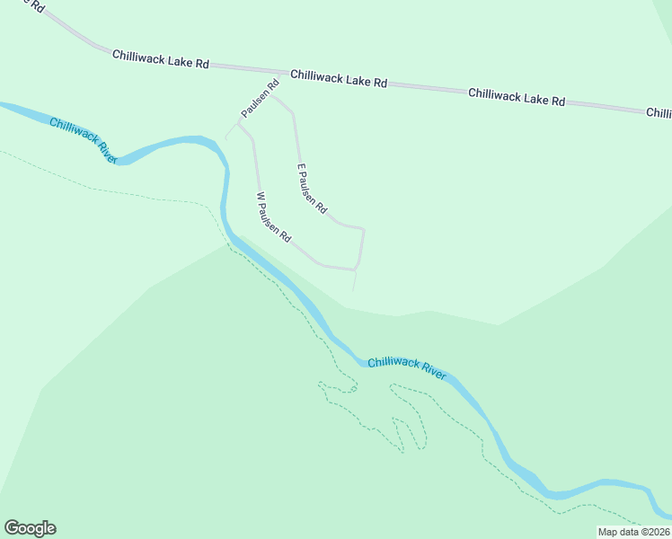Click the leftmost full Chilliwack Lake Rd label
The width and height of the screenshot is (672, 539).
[x=161, y=59]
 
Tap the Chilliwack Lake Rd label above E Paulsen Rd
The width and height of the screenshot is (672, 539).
[x=338, y=79]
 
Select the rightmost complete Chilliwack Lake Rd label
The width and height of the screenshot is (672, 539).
[x=516, y=97]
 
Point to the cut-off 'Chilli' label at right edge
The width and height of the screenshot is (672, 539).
[x=659, y=113]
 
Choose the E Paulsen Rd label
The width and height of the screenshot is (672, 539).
[x=312, y=188]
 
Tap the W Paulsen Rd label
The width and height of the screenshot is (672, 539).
[x=274, y=217]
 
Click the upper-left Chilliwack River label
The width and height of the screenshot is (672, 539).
[x=84, y=140]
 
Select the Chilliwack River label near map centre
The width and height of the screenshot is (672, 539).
[x=407, y=367]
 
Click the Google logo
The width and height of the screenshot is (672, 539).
[x=30, y=528]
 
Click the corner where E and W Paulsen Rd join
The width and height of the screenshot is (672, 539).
[x=358, y=269]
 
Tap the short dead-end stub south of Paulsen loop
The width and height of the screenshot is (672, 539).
[x=355, y=280]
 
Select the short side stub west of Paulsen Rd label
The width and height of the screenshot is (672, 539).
[x=230, y=131]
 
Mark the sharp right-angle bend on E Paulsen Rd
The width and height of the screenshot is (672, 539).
[x=362, y=229]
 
